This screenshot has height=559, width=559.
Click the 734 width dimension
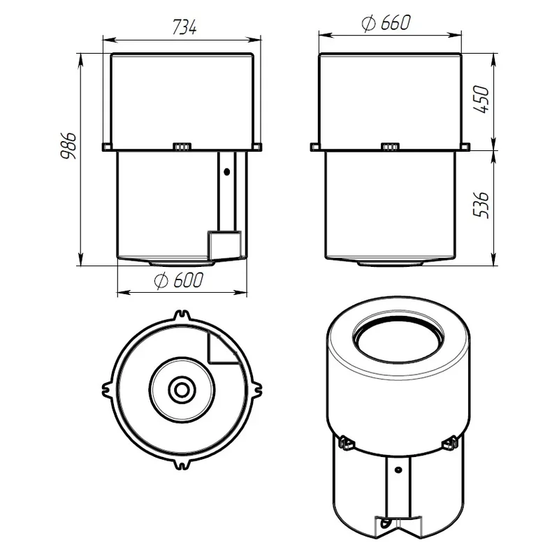coord(184,27)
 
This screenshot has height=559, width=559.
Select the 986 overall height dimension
coord(68,146)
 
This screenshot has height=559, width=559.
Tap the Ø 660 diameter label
coord(386,23)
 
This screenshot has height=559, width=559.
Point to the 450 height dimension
coord(481,99)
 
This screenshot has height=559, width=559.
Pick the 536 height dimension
coord(481,205)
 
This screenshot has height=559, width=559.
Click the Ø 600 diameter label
coord(179,280)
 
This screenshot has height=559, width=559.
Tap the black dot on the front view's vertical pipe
coord(226,172)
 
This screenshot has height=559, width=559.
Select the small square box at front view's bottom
coord(224,244)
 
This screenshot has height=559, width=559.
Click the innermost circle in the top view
coord(182,389)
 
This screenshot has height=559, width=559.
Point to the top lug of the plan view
coord(182,317)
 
